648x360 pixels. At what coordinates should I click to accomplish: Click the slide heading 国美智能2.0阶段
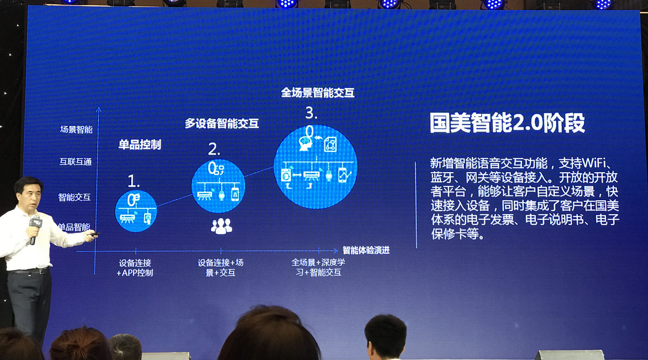point(507,123)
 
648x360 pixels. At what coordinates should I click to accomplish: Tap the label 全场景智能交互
point(318,93)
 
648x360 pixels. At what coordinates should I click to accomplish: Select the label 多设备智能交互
point(221,124)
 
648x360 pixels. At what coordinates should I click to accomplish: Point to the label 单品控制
point(140,145)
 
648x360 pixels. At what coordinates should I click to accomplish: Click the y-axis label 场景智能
point(76,129)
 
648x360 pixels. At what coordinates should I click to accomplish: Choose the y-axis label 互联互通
point(76,161)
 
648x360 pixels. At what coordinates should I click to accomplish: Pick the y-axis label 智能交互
point(75,197)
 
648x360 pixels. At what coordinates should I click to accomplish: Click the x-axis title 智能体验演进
point(366,250)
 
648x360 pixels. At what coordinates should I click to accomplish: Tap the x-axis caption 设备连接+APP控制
point(135,268)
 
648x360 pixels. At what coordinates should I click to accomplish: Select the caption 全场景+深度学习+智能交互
point(318,268)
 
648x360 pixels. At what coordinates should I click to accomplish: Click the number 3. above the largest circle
point(311,113)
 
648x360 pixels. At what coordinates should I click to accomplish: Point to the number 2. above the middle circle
point(214,149)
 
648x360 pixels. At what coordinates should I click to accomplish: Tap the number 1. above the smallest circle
point(134,181)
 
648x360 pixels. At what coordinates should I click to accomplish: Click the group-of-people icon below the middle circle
point(221,226)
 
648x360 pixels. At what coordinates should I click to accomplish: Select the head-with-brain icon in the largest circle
point(306,144)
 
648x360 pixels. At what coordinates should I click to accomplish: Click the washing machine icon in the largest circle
point(286,175)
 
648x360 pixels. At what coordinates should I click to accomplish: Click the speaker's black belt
point(29,271)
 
